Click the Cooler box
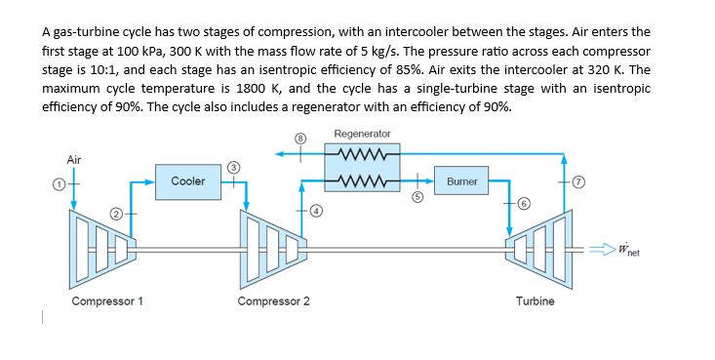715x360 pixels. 187,181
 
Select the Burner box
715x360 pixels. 461,181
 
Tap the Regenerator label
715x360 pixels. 362,134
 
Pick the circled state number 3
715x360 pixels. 232,167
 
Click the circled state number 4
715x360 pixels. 317,210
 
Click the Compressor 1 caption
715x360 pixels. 108,301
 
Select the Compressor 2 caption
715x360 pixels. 274,301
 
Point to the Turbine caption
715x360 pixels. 535,301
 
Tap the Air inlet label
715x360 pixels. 74,159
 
